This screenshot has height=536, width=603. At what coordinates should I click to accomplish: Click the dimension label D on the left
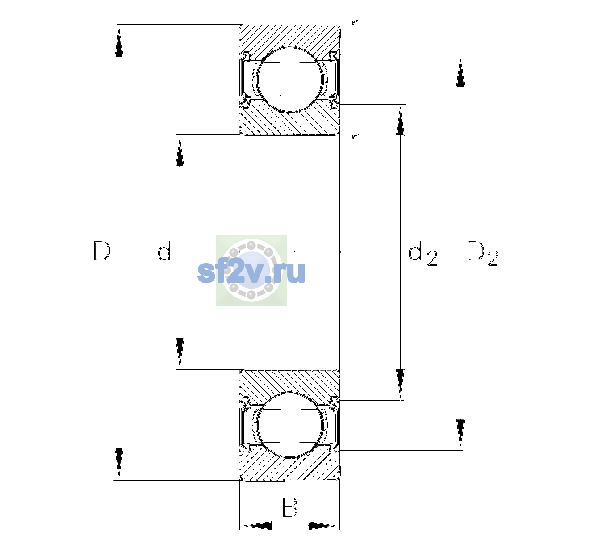pyautogui.click(x=102, y=251)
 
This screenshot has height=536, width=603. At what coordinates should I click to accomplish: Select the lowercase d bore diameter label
pyautogui.click(x=164, y=251)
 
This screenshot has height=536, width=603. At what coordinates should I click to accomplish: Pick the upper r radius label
pyautogui.click(x=355, y=27)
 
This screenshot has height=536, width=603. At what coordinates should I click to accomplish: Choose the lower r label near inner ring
pyautogui.click(x=355, y=140)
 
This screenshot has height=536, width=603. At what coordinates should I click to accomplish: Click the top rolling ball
pyautogui.click(x=290, y=80)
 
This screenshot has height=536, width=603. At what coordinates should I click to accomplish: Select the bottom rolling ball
pyautogui.click(x=290, y=425)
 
